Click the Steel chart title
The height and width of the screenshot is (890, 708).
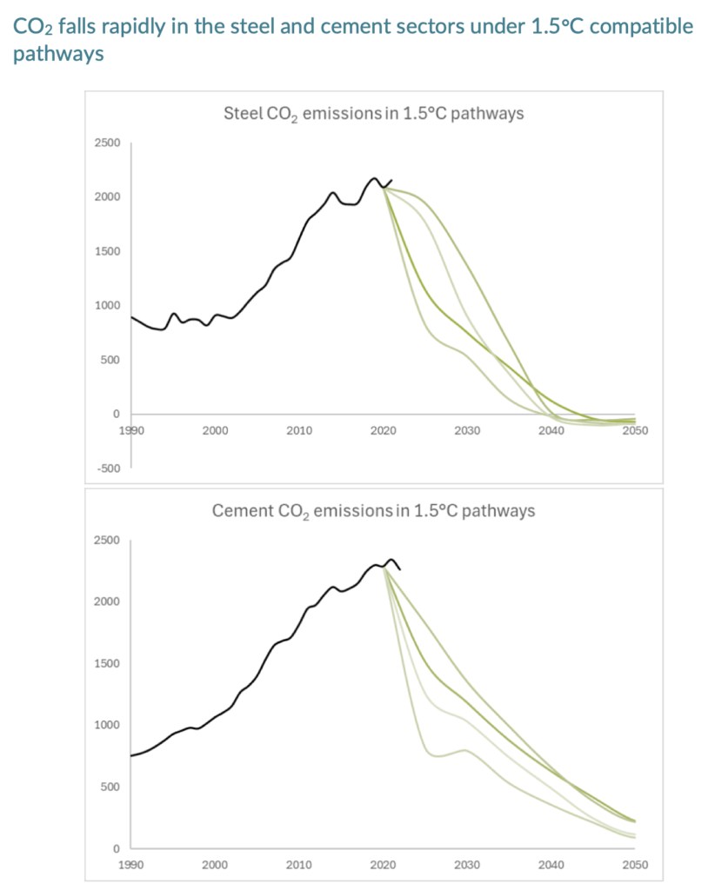(374, 114)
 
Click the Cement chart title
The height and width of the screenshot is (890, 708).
(373, 511)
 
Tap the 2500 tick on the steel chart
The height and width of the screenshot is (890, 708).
(108, 143)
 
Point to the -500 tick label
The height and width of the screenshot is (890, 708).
(109, 468)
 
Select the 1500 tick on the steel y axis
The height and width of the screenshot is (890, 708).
(108, 251)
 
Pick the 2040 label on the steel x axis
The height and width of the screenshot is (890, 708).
(551, 430)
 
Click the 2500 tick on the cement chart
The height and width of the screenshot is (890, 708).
(108, 541)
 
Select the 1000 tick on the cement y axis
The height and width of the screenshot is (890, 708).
(108, 726)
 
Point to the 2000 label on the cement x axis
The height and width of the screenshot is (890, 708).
(215, 865)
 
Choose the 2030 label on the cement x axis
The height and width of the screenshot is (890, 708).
(467, 865)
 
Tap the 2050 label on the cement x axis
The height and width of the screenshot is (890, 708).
(635, 865)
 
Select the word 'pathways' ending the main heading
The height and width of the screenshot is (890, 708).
(59, 55)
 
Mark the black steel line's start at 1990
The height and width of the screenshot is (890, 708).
(131, 317)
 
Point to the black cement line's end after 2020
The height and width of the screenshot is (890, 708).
(399, 570)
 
